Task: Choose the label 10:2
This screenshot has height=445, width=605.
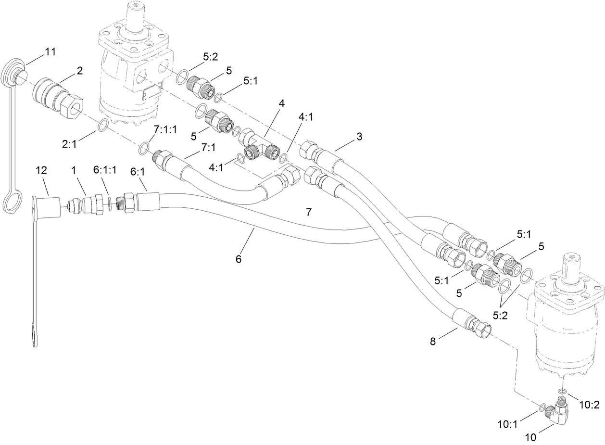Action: [x=589, y=405]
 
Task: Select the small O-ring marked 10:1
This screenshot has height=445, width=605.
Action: [x=542, y=408]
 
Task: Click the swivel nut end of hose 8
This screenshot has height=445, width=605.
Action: [x=482, y=328]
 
